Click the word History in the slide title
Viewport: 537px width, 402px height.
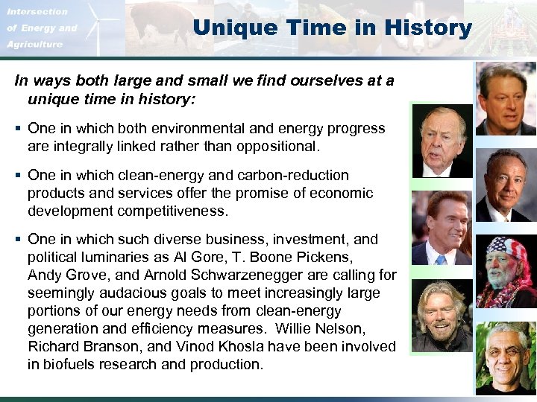429,28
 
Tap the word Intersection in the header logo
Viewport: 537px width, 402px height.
37,11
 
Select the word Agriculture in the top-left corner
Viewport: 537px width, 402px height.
35,45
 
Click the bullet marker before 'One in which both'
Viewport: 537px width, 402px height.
18,129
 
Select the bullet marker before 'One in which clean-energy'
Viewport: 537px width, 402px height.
18,176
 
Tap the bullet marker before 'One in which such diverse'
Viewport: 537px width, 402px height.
18,240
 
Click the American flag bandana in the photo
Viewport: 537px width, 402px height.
506,249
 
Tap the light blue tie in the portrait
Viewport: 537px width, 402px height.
442,260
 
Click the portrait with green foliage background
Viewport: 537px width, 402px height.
506,357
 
